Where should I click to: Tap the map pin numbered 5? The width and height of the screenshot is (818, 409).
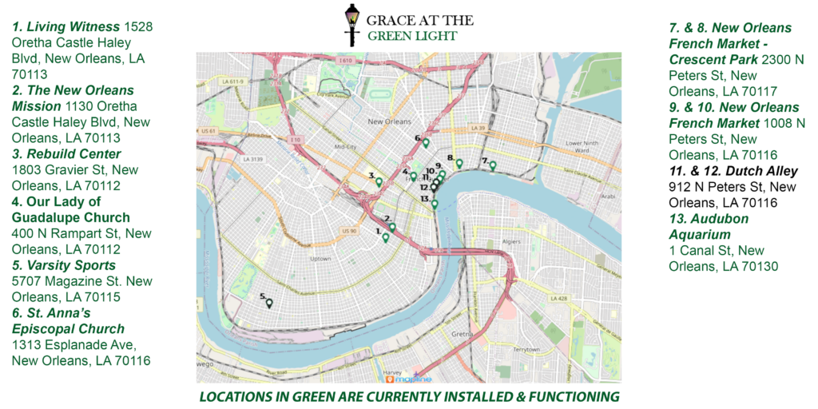tap(269, 303)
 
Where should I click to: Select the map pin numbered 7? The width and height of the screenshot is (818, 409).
tap(493, 166)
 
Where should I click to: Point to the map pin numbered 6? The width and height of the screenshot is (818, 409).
tap(426, 143)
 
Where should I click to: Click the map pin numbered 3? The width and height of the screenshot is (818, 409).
tap(379, 182)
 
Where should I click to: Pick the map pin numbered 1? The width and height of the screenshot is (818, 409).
tap(386, 237)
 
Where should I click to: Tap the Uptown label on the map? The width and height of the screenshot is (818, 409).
tap(320, 259)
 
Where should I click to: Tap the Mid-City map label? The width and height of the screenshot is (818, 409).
tap(345, 147)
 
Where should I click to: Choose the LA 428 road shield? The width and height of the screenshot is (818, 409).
tap(556, 298)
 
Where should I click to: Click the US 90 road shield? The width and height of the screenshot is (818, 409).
tap(348, 231)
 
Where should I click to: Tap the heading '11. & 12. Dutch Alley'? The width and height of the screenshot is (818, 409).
tap(733, 171)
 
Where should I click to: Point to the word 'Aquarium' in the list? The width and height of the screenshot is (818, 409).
tap(700, 234)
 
